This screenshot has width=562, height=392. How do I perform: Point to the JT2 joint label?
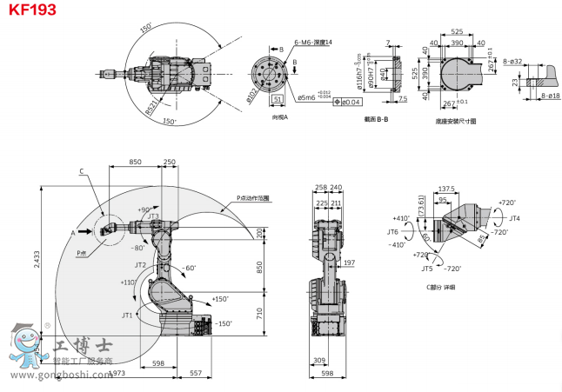click(x=140, y=264)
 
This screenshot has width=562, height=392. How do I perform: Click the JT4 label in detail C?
click(x=514, y=217)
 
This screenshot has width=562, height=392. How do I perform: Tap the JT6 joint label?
click(x=392, y=232)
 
